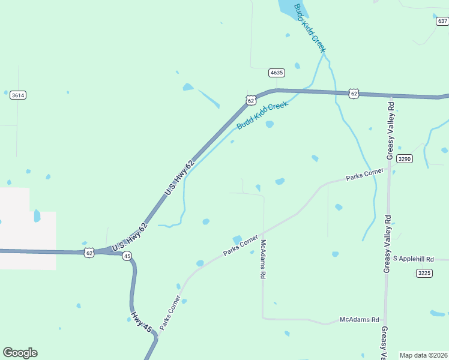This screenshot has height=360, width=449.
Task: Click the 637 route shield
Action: (x=442, y=21)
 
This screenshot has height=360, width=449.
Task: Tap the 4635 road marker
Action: (x=276, y=73)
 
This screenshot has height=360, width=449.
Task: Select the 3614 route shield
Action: (x=18, y=95)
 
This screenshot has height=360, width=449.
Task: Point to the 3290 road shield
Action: (x=405, y=158)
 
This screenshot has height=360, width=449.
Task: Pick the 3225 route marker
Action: (x=424, y=273)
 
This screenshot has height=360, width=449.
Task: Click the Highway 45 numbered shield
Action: (x=127, y=256)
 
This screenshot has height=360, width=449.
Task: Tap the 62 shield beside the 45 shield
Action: (x=89, y=253)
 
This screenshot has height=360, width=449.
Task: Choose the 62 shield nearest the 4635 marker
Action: (x=250, y=100)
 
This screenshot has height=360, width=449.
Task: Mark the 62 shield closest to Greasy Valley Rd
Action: (x=354, y=94)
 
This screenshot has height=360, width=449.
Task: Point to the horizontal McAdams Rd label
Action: (x=359, y=320)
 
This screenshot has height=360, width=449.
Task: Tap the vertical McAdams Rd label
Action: (x=263, y=259)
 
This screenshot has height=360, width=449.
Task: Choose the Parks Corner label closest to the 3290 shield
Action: (x=365, y=175)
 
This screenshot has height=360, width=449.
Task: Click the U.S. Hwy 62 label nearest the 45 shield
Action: (x=128, y=235)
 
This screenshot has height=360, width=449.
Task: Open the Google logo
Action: (x=20, y=353)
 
